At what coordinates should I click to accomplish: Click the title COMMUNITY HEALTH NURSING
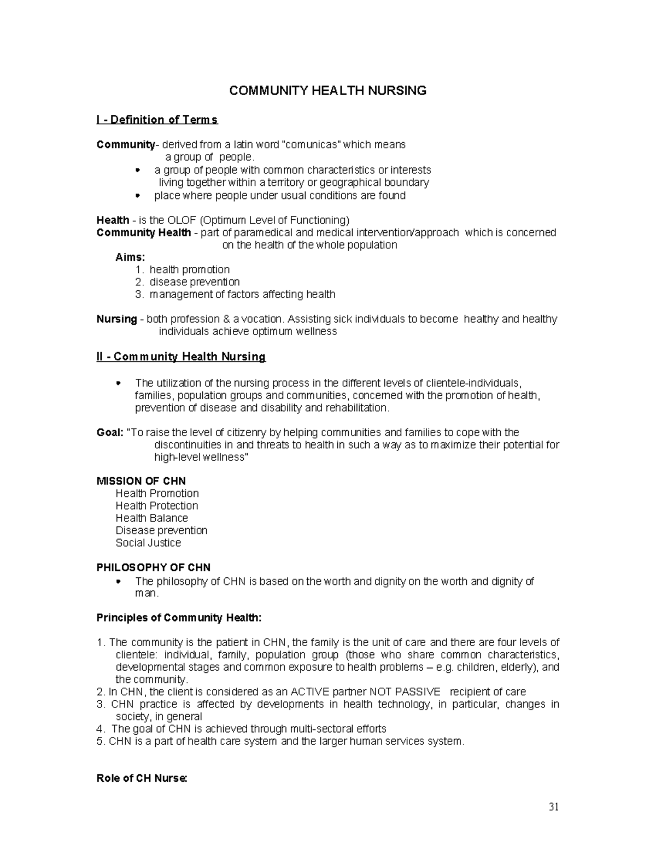click(x=327, y=91)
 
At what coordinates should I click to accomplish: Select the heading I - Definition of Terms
click(x=157, y=120)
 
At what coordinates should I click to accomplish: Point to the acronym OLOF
click(x=181, y=220)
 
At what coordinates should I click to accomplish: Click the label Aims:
click(x=131, y=257)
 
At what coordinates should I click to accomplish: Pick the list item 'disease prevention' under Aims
click(x=194, y=282)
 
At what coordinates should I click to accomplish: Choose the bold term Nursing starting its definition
click(x=116, y=319)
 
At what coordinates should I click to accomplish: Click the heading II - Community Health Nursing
click(x=181, y=357)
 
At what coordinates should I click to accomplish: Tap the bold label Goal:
click(x=110, y=432)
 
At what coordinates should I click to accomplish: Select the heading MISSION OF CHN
click(x=141, y=481)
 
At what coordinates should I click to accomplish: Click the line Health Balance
click(x=151, y=518)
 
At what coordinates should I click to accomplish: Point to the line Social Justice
click(x=148, y=543)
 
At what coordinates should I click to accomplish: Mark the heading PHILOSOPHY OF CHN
click(x=153, y=567)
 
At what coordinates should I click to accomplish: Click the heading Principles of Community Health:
click(x=179, y=618)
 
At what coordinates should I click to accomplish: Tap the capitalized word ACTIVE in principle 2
click(x=311, y=692)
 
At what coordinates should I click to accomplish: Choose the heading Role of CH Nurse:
click(x=142, y=778)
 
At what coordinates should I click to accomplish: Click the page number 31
click(x=553, y=808)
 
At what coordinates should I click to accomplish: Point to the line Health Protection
click(x=157, y=506)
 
